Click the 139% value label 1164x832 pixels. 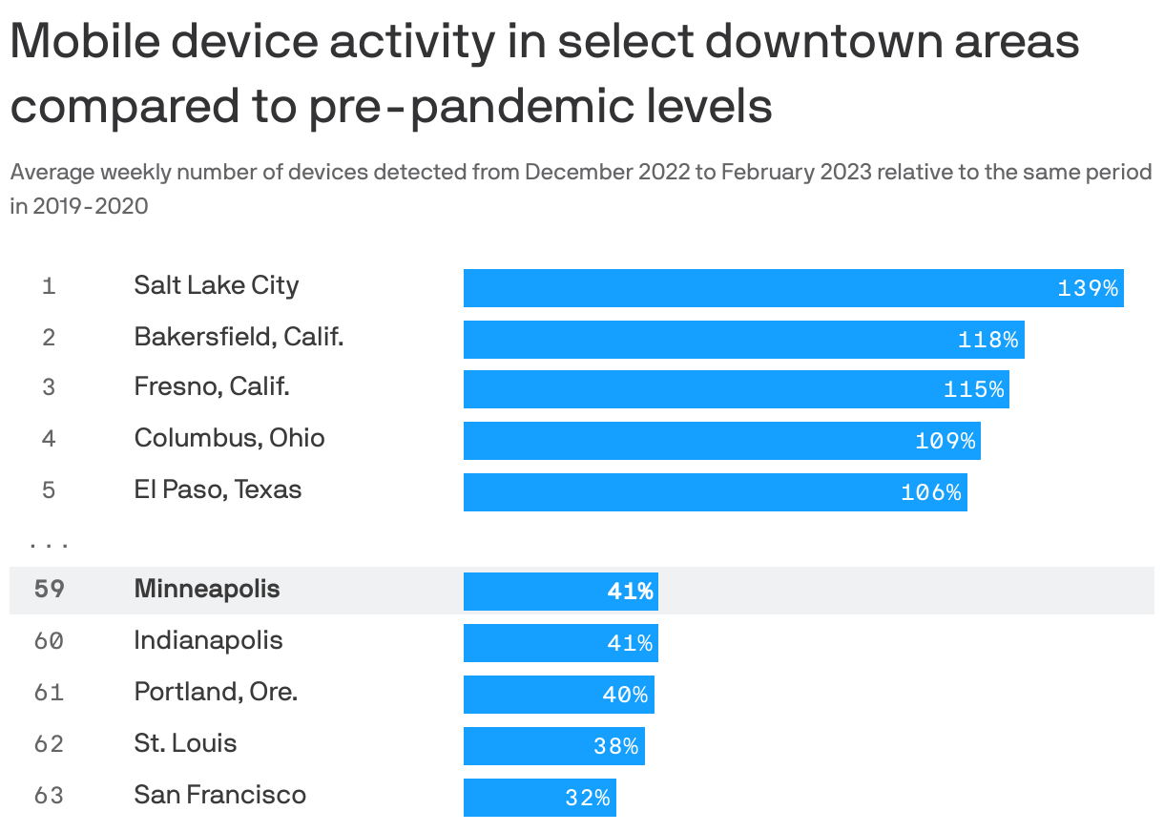[1087, 288]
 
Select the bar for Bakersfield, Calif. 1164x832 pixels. [743, 340]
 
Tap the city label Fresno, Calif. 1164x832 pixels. [212, 386]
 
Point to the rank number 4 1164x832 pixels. [50, 439]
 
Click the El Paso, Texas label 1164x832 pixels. [218, 489]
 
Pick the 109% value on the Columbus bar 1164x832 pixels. [945, 441]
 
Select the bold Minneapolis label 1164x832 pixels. [207, 589]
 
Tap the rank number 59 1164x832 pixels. [50, 590]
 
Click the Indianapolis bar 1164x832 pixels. [560, 643]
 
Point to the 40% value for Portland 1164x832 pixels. [625, 695]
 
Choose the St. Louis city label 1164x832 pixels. [185, 743]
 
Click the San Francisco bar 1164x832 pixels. [539, 798]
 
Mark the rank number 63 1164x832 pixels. [50, 796]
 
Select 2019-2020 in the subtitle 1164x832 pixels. [91, 206]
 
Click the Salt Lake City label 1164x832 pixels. [217, 285]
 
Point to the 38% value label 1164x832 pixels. [615, 746]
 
